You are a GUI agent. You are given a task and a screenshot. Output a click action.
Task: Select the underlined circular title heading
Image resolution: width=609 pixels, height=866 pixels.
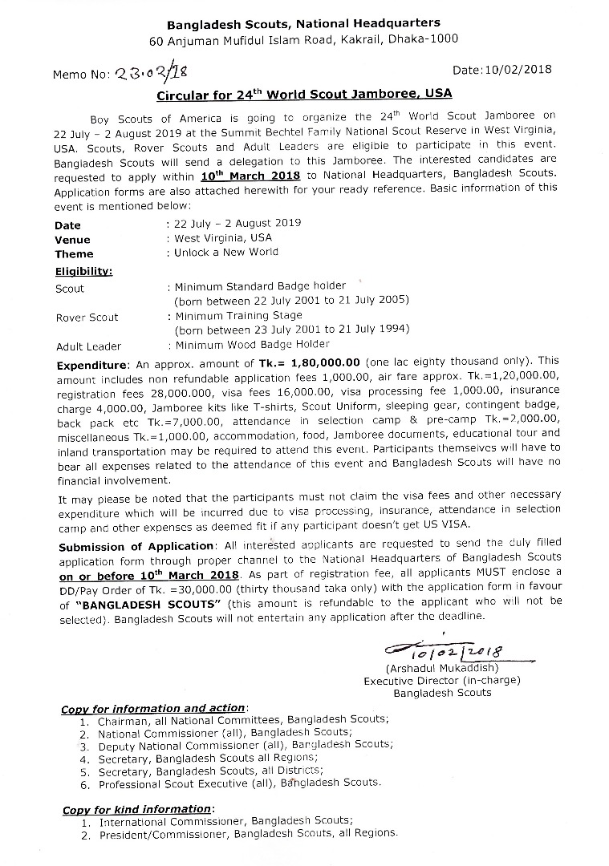(x=303, y=94)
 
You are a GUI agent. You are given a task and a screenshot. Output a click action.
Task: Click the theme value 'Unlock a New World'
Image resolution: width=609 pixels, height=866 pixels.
(x=227, y=252)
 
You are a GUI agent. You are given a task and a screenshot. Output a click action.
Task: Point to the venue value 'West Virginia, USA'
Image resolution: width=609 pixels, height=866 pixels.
(x=224, y=238)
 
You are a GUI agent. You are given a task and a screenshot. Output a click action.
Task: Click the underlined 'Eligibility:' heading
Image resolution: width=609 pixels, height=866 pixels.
(x=83, y=271)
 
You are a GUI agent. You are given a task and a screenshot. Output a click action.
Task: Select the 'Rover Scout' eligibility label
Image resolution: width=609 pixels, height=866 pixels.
(x=87, y=318)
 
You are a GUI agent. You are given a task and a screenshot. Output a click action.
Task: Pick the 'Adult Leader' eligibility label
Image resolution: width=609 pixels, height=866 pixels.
(x=88, y=346)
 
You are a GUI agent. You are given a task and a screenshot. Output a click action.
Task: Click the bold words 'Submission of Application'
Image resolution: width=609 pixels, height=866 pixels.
(x=123, y=547)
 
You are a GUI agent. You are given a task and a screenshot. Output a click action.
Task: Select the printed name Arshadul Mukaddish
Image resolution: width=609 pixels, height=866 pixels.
(x=442, y=668)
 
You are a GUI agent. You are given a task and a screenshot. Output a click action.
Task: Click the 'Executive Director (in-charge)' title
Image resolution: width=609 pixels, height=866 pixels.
(x=442, y=681)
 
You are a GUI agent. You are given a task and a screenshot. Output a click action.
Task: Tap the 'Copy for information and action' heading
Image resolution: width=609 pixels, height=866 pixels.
(x=153, y=709)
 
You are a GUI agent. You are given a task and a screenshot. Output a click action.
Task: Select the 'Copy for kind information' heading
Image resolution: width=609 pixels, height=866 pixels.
(x=138, y=810)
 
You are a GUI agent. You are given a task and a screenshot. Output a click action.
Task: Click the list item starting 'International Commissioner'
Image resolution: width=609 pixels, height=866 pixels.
(x=225, y=822)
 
